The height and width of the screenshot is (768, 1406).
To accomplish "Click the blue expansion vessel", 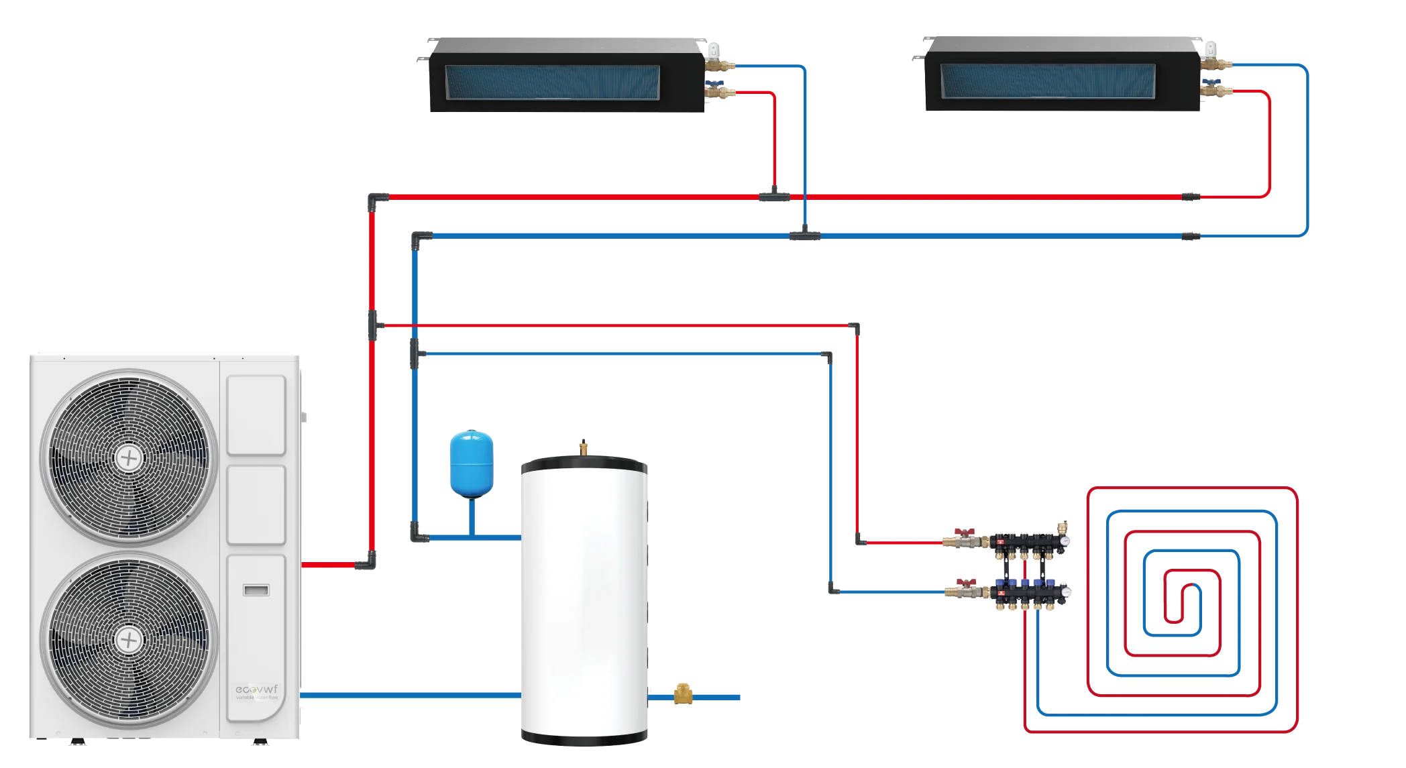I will (471, 464).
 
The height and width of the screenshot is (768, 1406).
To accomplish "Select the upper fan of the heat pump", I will (129, 458).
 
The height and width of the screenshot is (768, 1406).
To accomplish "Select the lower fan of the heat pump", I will (129, 641).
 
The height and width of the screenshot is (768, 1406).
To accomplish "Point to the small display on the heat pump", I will (256, 590).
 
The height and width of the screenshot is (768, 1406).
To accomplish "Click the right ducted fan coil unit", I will (1062, 75).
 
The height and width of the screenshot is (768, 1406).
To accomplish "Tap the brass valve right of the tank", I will (684, 697).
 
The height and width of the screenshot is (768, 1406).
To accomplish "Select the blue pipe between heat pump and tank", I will (409, 697).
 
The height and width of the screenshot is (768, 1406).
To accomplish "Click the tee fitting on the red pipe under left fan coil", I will (775, 196).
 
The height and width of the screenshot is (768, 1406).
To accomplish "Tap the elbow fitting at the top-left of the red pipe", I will (377, 199).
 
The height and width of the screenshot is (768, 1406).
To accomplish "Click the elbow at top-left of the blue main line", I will (420, 238).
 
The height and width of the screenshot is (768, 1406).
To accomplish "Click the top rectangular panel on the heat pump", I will (256, 415).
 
